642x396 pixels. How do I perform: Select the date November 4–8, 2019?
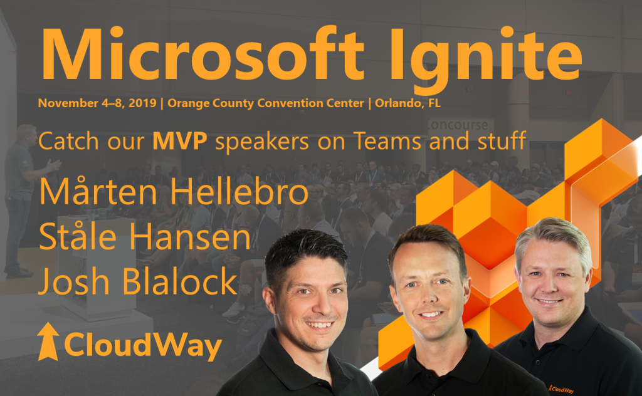[x=97, y=103]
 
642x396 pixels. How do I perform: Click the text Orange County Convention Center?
[x=266, y=103]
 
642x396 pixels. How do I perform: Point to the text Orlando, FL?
[x=408, y=103]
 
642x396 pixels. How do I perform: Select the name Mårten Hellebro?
[x=174, y=193]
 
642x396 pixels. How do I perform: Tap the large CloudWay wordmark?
[x=142, y=344]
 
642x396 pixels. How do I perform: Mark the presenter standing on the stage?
[x=25, y=201]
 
